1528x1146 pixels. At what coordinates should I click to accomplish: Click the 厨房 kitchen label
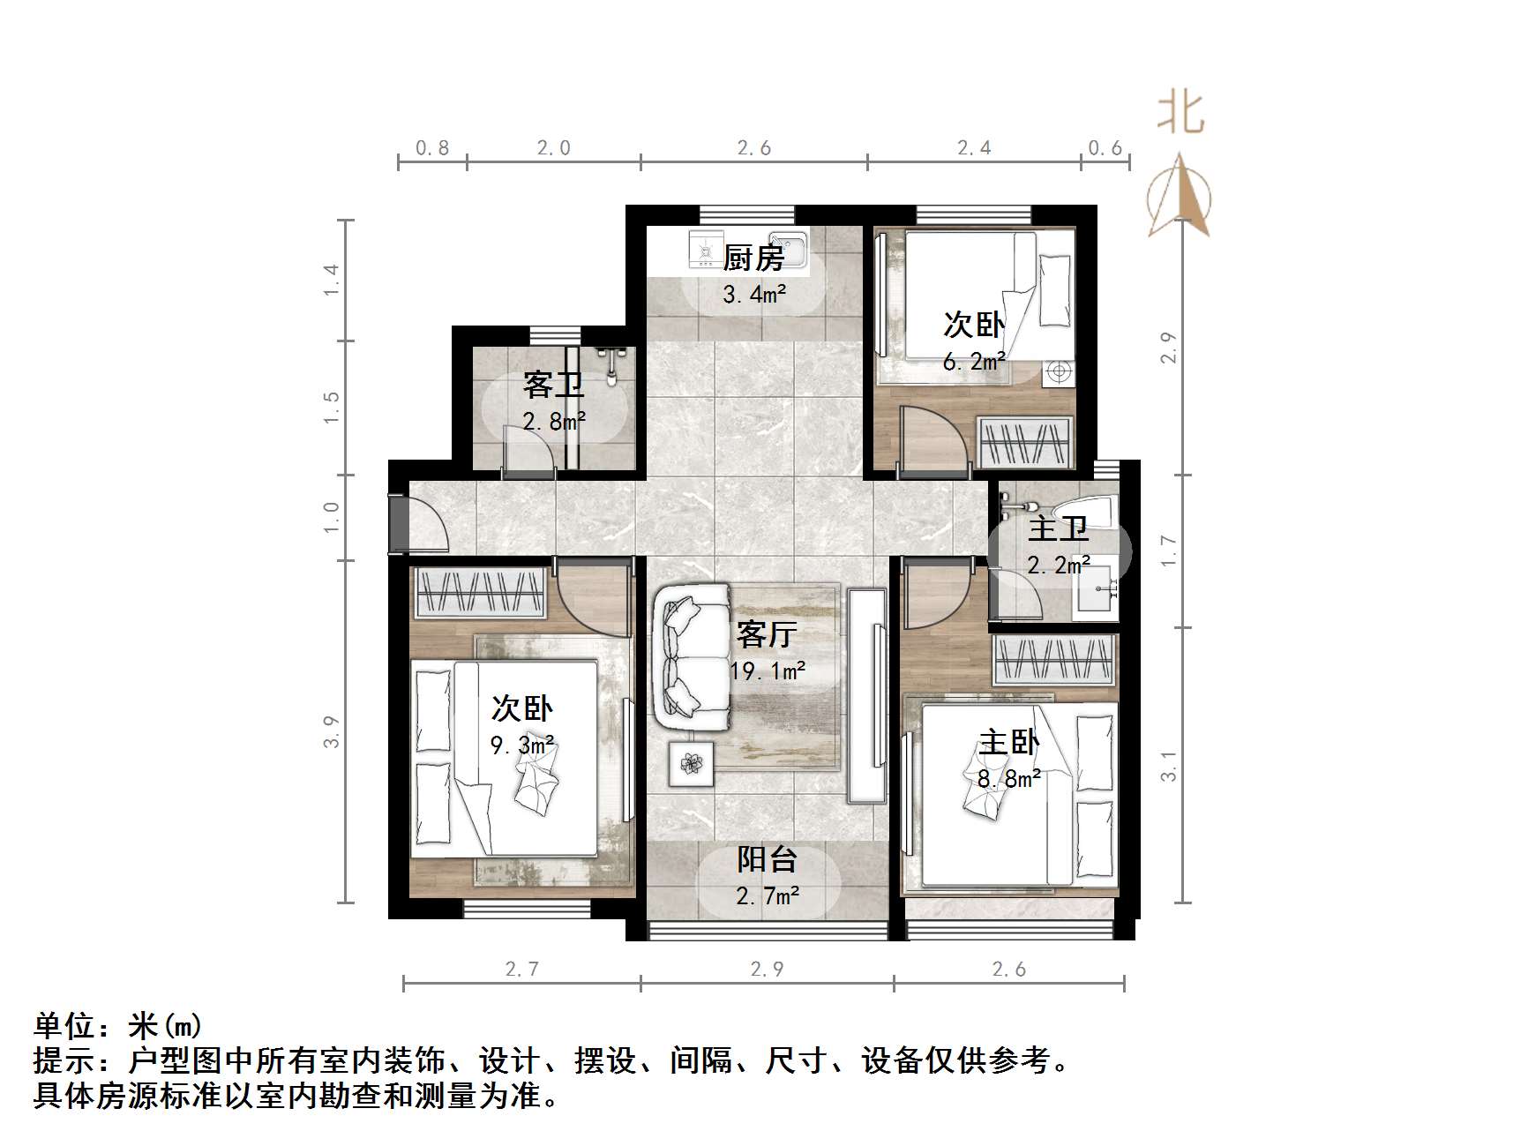pyautogui.click(x=753, y=258)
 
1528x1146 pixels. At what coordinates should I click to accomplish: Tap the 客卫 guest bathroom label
pyautogui.click(x=553, y=385)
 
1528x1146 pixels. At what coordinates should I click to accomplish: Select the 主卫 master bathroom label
pyautogui.click(x=1058, y=529)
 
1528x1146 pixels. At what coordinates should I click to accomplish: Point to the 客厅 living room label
pyautogui.click(x=767, y=633)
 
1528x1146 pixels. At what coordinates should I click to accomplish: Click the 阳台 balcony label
pyautogui.click(x=768, y=859)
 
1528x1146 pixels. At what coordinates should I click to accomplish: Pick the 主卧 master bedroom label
pyautogui.click(x=1008, y=742)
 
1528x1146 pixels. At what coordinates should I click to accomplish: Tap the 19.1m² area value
pyautogui.click(x=768, y=671)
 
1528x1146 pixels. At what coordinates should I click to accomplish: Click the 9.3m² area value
pyautogui.click(x=522, y=745)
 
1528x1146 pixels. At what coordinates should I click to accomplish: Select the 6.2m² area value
pyautogui.click(x=974, y=361)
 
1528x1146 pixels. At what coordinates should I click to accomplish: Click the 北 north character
pyautogui.click(x=1180, y=114)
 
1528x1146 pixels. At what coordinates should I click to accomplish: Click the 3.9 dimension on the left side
pyautogui.click(x=331, y=732)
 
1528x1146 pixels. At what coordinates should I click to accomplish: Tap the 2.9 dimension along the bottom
pyautogui.click(x=767, y=970)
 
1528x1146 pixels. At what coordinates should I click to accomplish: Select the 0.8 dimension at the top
pyautogui.click(x=432, y=148)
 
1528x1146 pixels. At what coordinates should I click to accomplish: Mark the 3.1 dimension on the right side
pyautogui.click(x=1168, y=767)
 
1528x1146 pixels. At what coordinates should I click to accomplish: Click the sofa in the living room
pyautogui.click(x=693, y=657)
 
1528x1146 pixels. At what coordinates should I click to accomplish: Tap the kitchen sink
pyautogui.click(x=787, y=249)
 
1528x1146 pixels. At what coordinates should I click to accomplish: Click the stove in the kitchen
pyautogui.click(x=704, y=249)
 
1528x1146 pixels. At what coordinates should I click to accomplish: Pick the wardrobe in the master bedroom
pyautogui.click(x=1054, y=659)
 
